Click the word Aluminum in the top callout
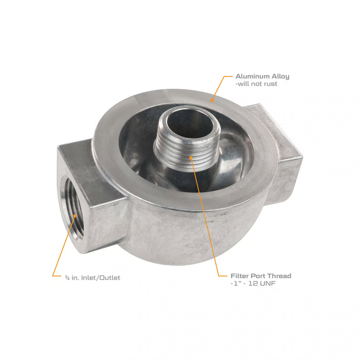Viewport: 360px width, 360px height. pyautogui.click(x=252, y=77)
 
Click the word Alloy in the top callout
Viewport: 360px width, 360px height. pyautogui.click(x=279, y=77)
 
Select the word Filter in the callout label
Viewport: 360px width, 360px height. pyautogui.click(x=241, y=276)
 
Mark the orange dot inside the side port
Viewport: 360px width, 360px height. pyautogui.click(x=75, y=212)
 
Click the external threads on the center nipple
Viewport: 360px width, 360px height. pyautogui.click(x=188, y=149)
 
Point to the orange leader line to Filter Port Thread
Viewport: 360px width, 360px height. pyautogui.click(x=206, y=221)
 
